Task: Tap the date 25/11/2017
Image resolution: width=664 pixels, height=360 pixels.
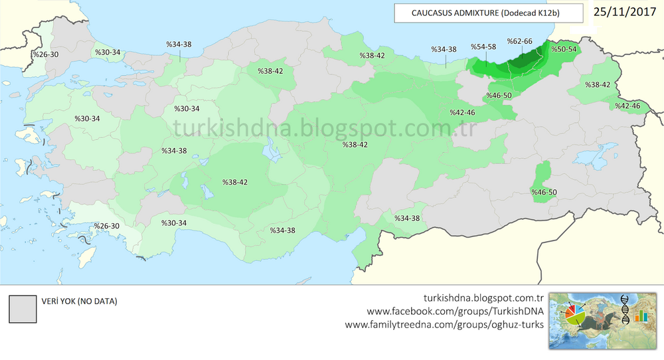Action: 621,11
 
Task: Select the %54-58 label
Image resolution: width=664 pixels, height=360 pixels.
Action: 483,47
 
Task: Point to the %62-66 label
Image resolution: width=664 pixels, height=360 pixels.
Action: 519,41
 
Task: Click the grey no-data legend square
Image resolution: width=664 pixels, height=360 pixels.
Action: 21,308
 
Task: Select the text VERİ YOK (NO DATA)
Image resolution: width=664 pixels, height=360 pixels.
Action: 79,302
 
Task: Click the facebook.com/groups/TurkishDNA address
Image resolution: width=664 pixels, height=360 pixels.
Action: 456,311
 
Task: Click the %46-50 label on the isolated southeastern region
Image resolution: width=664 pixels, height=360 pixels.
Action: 544,193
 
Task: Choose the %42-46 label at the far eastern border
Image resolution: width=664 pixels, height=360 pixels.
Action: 627,106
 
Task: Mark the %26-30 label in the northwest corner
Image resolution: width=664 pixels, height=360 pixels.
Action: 46,54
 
